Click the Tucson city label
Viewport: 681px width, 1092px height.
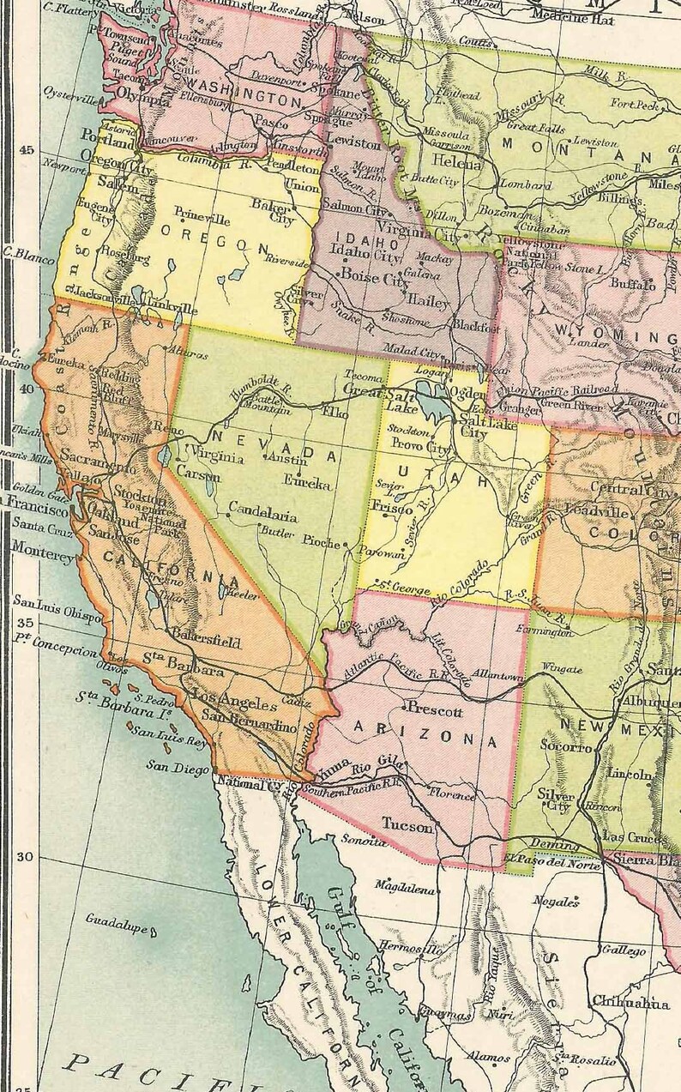click(407, 827)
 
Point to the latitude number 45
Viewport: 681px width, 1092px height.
click(27, 150)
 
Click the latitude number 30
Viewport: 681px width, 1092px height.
click(25, 857)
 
